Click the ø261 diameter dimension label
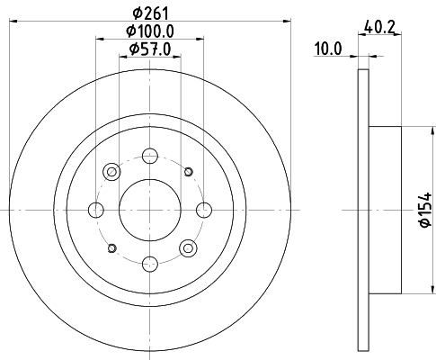151,13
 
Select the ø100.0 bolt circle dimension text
150,31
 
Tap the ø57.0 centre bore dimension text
150,49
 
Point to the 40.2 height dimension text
379,28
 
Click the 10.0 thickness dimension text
327,49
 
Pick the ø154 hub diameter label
425,210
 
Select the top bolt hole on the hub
150,156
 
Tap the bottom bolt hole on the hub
150,264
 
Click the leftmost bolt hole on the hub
96,210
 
